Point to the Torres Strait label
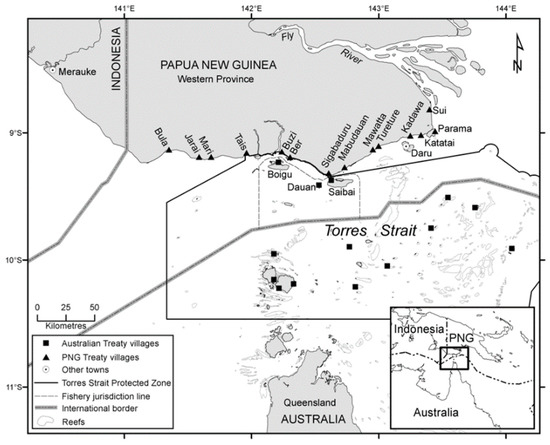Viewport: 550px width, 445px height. click(351, 229)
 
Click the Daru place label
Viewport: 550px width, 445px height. click(422, 154)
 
